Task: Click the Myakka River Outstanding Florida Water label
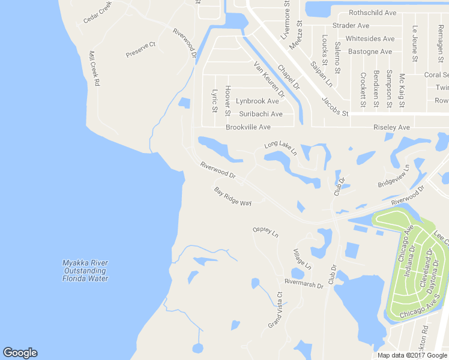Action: coord(86,271)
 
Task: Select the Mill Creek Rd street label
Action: coord(93,68)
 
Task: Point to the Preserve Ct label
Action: coord(141,49)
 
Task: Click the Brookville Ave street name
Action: coord(248,127)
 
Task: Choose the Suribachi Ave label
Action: coord(261,114)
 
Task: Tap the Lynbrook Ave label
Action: coord(258,101)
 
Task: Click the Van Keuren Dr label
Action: coord(269,79)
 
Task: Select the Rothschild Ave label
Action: coord(373,13)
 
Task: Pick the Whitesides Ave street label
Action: coord(370,38)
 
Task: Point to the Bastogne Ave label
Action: coord(370,52)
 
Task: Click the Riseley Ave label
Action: coord(391,127)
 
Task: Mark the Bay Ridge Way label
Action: coord(233,196)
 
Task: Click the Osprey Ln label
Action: coord(266,232)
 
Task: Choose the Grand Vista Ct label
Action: coord(276,310)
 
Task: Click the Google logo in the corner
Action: coord(20,353)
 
